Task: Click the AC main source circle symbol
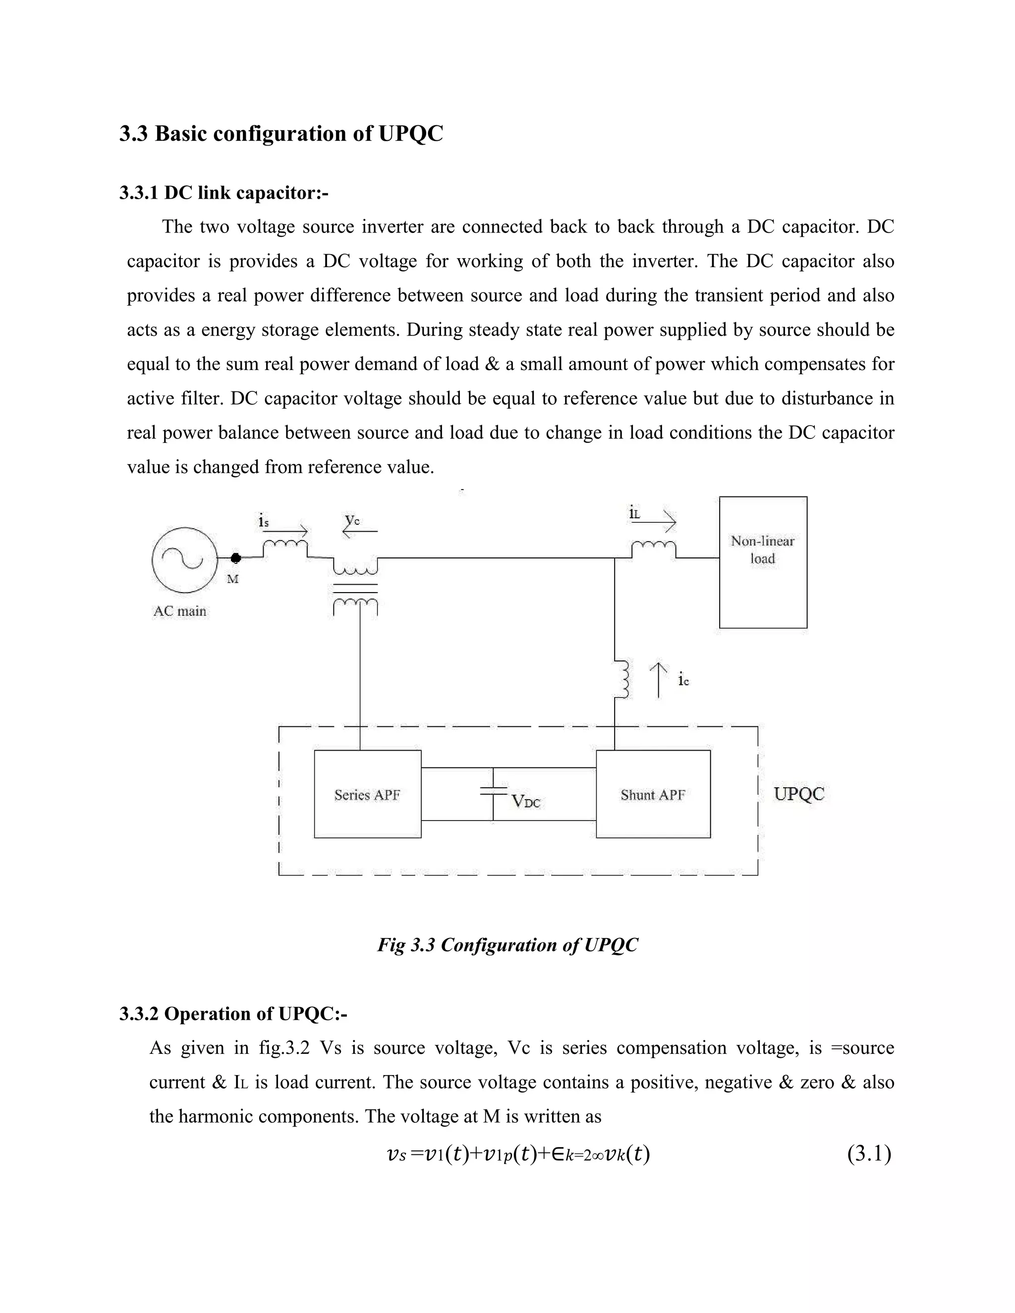(184, 560)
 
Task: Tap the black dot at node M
(236, 558)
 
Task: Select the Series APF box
(367, 794)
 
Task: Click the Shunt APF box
(653, 794)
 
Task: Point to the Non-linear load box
(762, 562)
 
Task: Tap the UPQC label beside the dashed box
(798, 794)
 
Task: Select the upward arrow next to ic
(659, 680)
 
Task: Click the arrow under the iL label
(662, 522)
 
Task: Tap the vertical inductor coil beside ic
(623, 679)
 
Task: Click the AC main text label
(180, 611)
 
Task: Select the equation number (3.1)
(869, 1153)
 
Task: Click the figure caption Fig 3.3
(507, 944)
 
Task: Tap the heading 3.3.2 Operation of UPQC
(233, 1014)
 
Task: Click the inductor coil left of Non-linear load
(653, 547)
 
